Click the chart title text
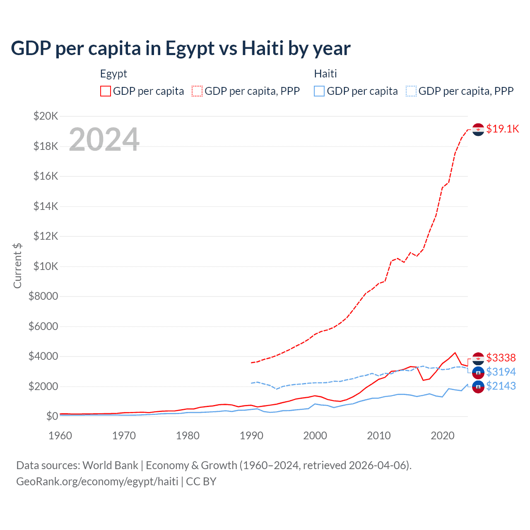(181, 48)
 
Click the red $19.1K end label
(502, 129)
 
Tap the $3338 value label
(501, 358)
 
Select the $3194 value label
(501, 372)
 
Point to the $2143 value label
(501, 386)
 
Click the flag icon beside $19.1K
(478, 130)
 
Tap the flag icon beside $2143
(478, 387)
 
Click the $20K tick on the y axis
(46, 116)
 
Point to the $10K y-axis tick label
(46, 266)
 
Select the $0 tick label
(52, 416)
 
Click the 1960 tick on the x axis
(60, 436)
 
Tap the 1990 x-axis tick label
(251, 436)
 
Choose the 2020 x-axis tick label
(443, 436)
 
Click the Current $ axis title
(17, 266)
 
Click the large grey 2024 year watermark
(104, 140)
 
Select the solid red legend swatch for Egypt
(106, 91)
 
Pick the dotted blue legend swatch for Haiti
(411, 91)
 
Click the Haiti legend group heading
(325, 74)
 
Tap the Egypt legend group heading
(113, 74)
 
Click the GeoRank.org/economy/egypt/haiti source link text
(97, 482)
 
